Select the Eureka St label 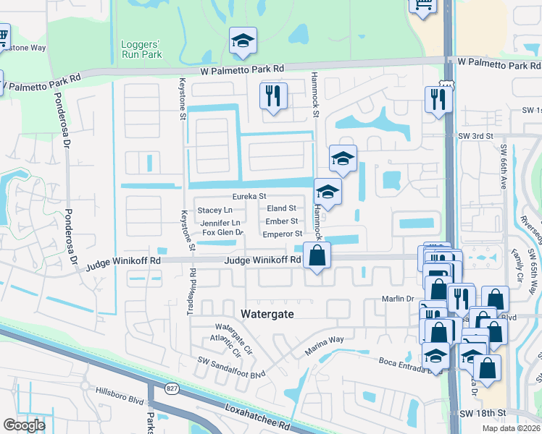coord(249,196)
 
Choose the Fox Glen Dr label coord(222,233)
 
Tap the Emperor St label coord(282,234)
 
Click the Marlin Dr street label coord(398,299)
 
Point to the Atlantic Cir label coord(226,349)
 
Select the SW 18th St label coord(481,412)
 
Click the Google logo coord(24,425)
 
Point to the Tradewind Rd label coord(193,284)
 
